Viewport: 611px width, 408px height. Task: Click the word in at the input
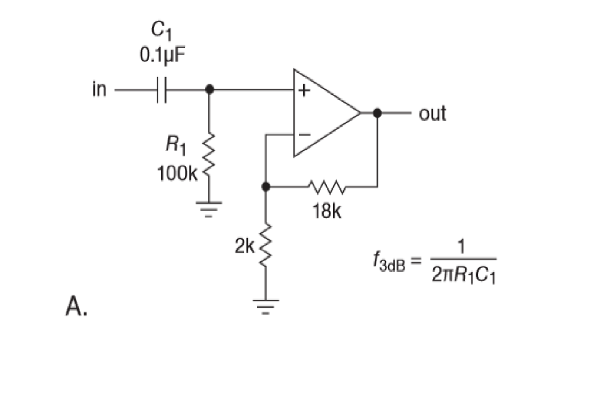tap(99, 90)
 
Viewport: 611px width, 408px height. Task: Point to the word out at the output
tap(433, 113)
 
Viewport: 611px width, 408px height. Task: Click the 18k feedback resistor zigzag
tap(326, 186)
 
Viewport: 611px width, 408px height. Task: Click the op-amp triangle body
tap(322, 113)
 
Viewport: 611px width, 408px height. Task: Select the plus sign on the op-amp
tap(304, 92)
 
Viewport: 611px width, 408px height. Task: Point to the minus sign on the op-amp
tap(304, 135)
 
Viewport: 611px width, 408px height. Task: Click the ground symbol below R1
tap(209, 208)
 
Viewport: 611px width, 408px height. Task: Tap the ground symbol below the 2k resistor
tap(266, 304)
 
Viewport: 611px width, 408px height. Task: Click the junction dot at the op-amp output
tap(377, 112)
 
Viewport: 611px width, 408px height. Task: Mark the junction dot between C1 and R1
tap(209, 91)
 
